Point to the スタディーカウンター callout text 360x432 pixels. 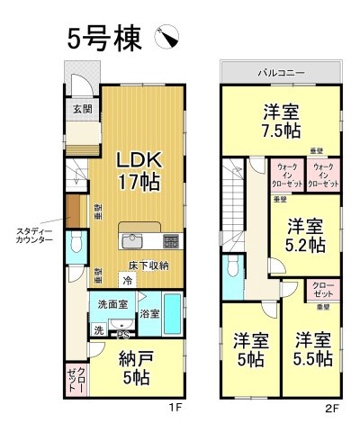[33, 237]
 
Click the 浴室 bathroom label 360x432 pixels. [149, 314]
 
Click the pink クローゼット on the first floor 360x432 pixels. [76, 379]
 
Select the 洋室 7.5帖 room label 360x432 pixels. [282, 121]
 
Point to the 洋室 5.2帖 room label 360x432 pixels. [306, 234]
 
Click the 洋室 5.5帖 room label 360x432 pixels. [313, 349]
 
